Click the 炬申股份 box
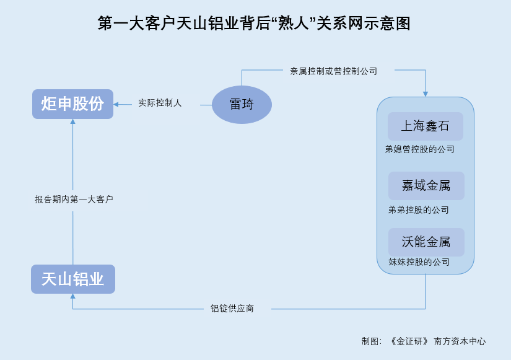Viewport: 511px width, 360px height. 72,104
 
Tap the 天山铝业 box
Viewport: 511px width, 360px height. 73,279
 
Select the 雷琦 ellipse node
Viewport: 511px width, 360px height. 242,105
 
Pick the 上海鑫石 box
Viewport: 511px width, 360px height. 426,126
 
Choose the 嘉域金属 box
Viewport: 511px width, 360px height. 426,186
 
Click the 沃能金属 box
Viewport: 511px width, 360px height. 426,242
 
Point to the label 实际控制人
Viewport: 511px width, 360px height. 160,103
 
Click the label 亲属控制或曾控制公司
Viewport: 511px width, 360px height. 334,71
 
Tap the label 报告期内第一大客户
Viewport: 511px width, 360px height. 74,200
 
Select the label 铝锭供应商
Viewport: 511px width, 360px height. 232,309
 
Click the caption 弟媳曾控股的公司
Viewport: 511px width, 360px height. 420,149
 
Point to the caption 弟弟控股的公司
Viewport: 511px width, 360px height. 419,210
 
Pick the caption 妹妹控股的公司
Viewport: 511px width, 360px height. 419,262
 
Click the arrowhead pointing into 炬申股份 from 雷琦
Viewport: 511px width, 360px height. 116,105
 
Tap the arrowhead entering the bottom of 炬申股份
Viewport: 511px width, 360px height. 72,121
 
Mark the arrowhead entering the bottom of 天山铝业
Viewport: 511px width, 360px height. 72,296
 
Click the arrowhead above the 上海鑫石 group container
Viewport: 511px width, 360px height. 426,94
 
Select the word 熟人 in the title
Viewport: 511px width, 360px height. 294,24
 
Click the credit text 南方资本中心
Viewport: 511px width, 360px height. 460,341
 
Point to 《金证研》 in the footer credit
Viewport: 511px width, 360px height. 409,341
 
